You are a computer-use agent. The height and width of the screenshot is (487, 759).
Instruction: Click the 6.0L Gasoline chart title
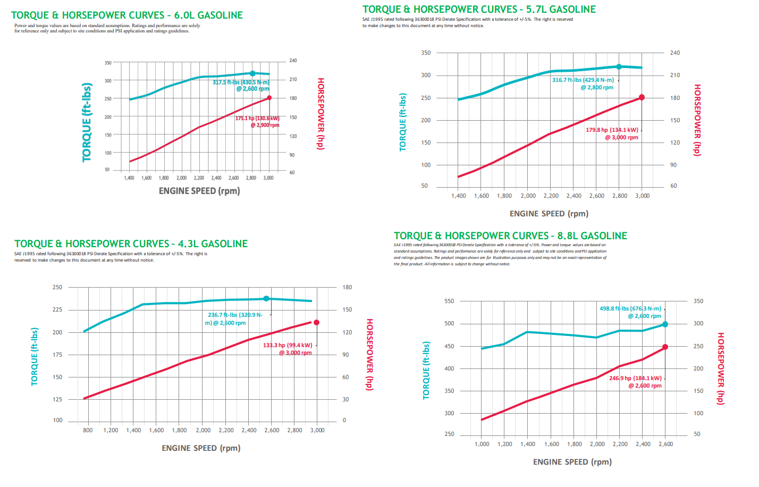[127, 15]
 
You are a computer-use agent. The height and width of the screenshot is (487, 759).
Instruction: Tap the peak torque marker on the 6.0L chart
[252, 73]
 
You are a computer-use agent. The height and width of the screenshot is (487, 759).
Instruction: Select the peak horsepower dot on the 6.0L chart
[269, 98]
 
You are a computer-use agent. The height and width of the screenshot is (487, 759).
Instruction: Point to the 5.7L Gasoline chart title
[479, 9]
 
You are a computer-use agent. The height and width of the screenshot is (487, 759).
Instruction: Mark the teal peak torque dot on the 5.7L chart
[619, 67]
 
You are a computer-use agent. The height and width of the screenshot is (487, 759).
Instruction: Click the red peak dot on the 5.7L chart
[642, 97]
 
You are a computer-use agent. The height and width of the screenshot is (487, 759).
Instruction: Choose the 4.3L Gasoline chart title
[131, 244]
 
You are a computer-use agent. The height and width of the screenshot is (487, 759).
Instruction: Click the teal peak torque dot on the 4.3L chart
[266, 299]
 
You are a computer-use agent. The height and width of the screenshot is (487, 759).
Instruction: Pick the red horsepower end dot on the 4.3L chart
[317, 323]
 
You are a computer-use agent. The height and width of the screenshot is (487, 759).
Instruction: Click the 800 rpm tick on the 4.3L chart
[88, 430]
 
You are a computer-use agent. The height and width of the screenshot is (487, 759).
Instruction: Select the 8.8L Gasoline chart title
[510, 236]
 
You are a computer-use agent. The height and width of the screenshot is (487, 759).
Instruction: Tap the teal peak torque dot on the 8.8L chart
[665, 324]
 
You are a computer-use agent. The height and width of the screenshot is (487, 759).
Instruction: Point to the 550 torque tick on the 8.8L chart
[449, 301]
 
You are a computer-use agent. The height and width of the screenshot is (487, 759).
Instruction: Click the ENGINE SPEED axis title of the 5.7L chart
[549, 214]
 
